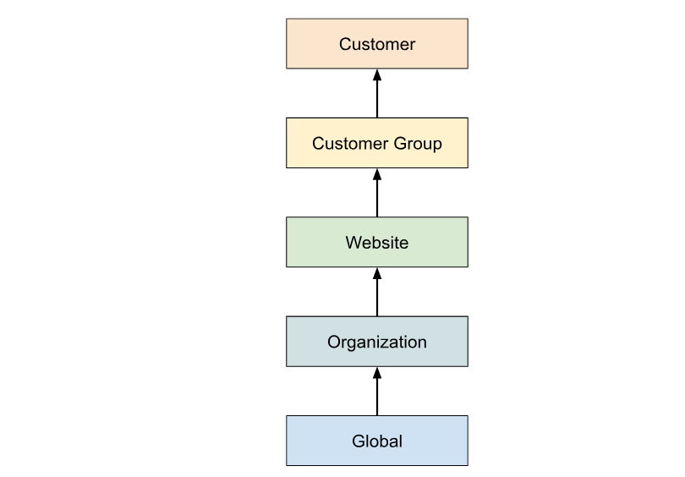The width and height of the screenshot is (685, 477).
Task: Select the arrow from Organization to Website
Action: (x=377, y=293)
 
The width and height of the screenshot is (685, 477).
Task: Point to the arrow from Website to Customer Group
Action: (x=377, y=194)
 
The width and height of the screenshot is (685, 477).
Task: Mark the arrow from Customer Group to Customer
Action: (x=377, y=95)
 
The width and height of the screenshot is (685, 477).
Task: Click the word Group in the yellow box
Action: (x=419, y=144)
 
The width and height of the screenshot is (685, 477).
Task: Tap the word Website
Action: (x=377, y=243)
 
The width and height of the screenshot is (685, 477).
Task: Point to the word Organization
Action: (x=377, y=343)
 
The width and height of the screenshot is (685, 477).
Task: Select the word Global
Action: (x=377, y=441)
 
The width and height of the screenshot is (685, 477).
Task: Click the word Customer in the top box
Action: (x=377, y=44)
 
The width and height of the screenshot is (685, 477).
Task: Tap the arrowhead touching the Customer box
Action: (x=377, y=74)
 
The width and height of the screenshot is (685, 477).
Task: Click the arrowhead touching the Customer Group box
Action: (x=377, y=173)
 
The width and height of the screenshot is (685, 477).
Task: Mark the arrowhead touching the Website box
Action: (x=377, y=272)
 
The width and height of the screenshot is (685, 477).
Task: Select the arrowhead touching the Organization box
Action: (x=377, y=372)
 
